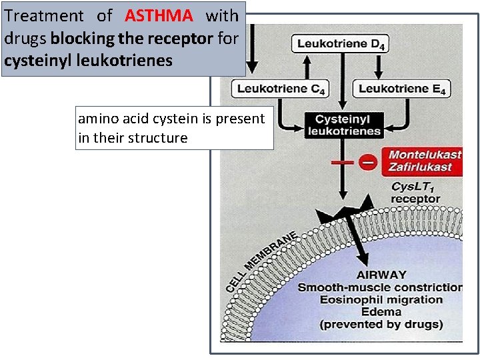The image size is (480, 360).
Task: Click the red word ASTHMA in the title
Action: pos(159,15)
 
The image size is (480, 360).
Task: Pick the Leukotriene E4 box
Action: pos(402,89)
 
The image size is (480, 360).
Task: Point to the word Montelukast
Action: pos(425,155)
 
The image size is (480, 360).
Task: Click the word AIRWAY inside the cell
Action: pos(381,275)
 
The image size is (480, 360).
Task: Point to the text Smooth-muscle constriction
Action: pos(380,287)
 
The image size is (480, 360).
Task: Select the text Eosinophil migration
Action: pos(381,299)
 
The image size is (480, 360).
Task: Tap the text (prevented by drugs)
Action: pos(381,324)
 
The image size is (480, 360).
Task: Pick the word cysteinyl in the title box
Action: pos(33,61)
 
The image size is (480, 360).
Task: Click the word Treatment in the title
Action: pos(44,15)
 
